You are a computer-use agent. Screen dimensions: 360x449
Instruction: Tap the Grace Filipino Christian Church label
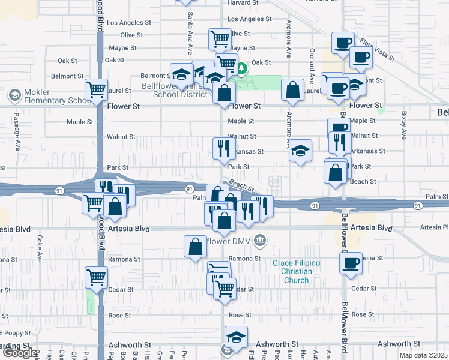point(296,271)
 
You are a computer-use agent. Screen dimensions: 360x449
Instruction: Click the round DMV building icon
point(260,241)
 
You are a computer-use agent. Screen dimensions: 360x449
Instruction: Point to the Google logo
point(20,352)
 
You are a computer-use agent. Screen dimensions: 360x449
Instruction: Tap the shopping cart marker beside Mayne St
point(220,39)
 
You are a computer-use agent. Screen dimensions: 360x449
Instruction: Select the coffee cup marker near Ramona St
point(351,262)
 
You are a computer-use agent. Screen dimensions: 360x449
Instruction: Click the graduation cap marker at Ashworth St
point(236,337)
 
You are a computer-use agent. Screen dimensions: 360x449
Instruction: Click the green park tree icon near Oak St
point(242,68)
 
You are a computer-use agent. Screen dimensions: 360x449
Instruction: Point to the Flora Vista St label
point(377,50)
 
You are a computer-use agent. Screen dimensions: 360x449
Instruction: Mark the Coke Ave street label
point(40,246)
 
